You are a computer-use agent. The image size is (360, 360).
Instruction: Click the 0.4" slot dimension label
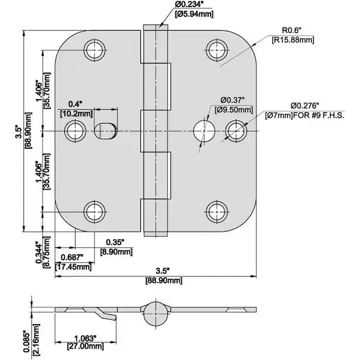[x=75, y=103]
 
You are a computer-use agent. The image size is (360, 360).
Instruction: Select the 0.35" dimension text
[x=115, y=242]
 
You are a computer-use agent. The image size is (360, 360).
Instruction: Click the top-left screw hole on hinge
[x=94, y=50]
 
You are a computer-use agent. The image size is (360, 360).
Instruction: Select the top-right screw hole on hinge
[x=216, y=50]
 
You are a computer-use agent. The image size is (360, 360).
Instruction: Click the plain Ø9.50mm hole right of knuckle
[x=204, y=130]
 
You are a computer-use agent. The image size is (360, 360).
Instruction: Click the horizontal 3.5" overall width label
[x=159, y=271]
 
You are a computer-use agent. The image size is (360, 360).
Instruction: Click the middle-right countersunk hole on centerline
[x=236, y=130]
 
